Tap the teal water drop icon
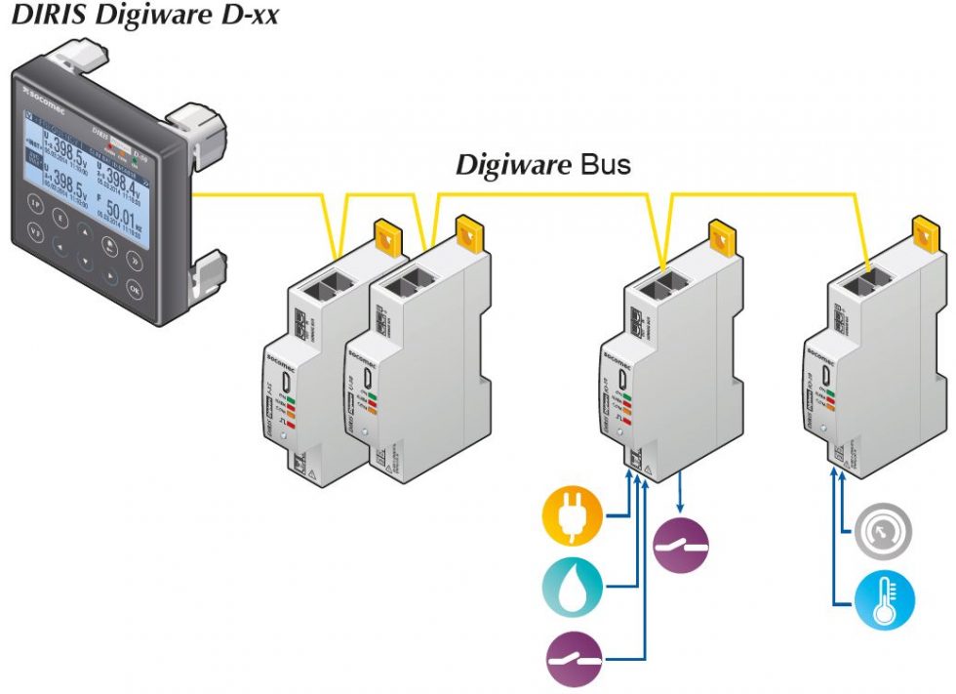pyautogui.click(x=572, y=587)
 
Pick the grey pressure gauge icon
pyautogui.click(x=885, y=533)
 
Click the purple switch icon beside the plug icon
pyautogui.click(x=681, y=544)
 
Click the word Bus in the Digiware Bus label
pyautogui.click(x=606, y=165)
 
